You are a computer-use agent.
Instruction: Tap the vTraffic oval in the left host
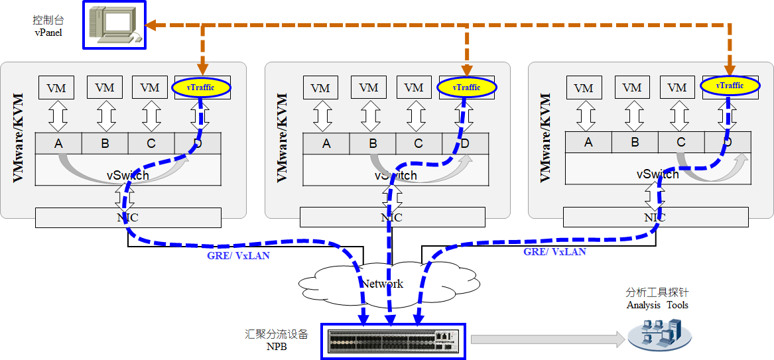(202, 88)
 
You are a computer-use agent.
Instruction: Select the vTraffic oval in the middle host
(466, 88)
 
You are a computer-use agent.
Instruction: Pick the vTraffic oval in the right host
(730, 86)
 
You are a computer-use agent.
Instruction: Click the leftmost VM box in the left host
(57, 88)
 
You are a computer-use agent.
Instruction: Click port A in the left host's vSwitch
(58, 143)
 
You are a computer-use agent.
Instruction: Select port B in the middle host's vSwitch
(373, 143)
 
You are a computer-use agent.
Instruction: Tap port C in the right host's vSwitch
(680, 142)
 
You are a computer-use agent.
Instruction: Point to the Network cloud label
(381, 284)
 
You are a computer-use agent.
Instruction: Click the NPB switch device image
(393, 341)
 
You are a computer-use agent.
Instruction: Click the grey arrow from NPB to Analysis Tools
(548, 339)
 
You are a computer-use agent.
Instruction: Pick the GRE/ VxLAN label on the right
(554, 252)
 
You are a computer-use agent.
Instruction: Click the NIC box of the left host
(128, 217)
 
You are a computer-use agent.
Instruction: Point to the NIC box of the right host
(655, 217)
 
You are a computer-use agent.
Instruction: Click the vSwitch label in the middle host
(396, 176)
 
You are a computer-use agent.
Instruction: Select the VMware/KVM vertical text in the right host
(546, 138)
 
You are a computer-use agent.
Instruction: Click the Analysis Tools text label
(657, 305)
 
